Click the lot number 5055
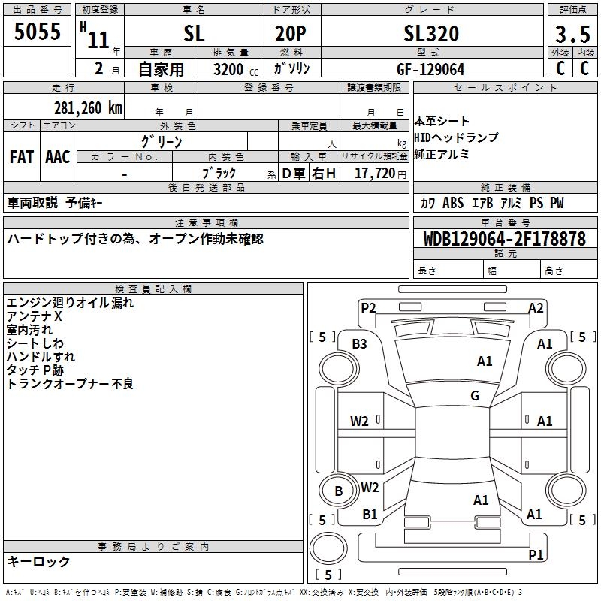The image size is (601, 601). pos(37,31)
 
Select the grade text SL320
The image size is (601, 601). pos(431,33)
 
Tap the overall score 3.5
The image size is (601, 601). pos(572,34)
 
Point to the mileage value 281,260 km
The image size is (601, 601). pos(88,108)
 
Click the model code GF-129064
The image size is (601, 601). pos(430,69)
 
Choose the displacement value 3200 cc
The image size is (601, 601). pos(236,69)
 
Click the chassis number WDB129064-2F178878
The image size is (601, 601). pos(505,239)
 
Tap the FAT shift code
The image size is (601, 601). pos(22,157)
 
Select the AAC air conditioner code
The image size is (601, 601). pos(58,157)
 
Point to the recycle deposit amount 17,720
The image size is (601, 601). pos(375,174)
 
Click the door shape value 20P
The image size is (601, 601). pos(291,33)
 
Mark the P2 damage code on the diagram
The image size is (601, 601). pos(368,308)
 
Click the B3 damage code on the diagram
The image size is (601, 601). pos(359,344)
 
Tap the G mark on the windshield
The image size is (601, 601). pos(475,395)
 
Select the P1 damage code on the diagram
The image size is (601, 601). pos(536,554)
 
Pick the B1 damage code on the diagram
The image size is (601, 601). pos(370,514)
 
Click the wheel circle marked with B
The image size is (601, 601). pos(339,491)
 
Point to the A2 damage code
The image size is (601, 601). pos(536,308)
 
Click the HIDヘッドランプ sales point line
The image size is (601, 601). pos(456,137)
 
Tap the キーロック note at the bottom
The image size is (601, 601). pos(38,561)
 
